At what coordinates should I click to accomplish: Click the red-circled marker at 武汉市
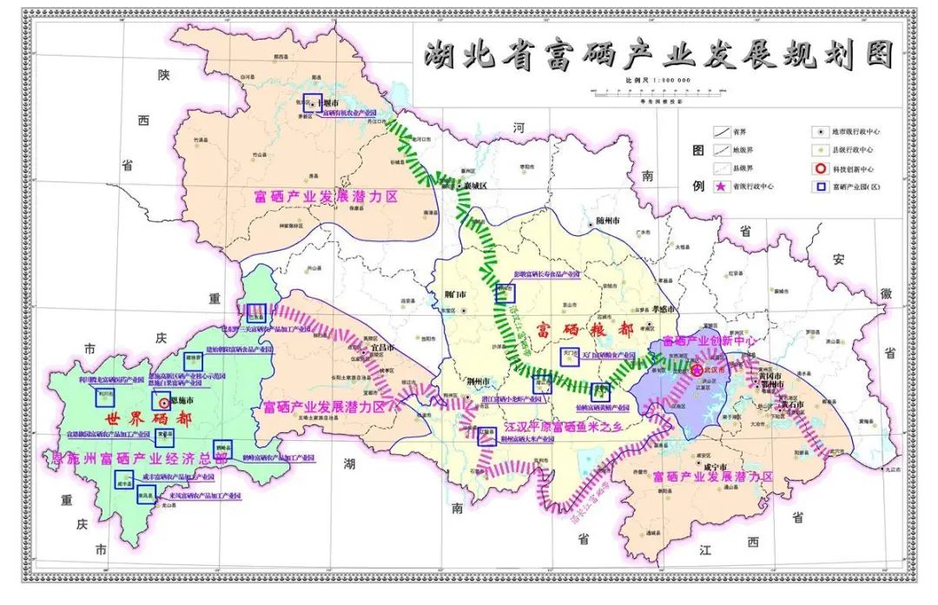(697, 370)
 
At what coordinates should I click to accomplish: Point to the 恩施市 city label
(180, 402)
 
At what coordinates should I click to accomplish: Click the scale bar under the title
(657, 90)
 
